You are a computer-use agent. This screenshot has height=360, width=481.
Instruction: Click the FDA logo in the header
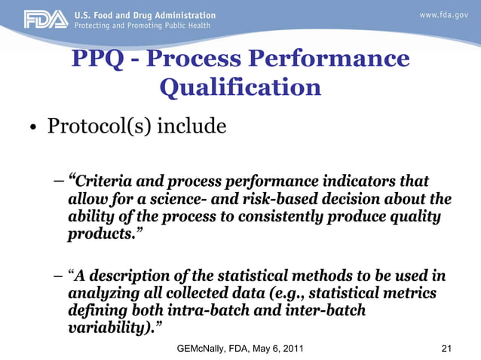pos(44,20)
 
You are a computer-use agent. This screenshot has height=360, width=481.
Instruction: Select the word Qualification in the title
pos(240,87)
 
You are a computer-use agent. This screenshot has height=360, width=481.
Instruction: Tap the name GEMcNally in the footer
pos(203,348)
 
